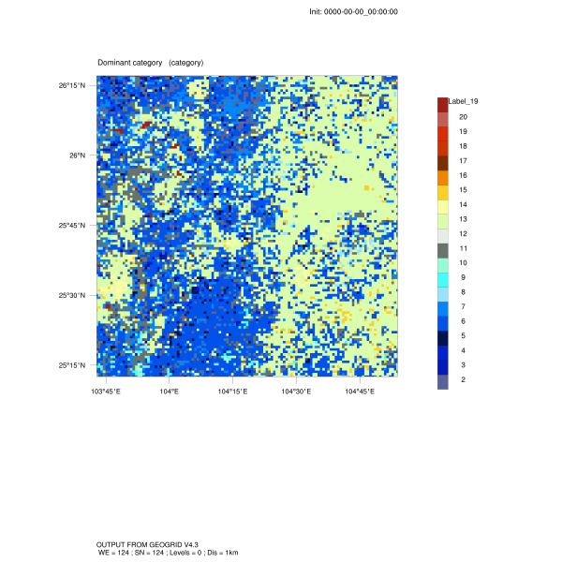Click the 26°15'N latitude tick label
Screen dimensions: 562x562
click(x=72, y=85)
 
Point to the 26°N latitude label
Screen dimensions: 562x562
click(x=76, y=155)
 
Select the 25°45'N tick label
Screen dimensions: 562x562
click(x=72, y=226)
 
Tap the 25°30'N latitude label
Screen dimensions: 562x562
click(x=72, y=295)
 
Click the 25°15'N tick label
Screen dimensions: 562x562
click(x=72, y=365)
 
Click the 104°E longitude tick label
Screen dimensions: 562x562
click(x=169, y=391)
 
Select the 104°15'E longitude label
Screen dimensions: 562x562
click(x=232, y=391)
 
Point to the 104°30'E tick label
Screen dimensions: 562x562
click(x=296, y=391)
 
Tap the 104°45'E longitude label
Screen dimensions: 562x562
click(x=360, y=391)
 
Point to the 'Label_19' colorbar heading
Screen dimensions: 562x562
click(x=464, y=101)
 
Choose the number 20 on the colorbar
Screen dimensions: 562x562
click(x=463, y=117)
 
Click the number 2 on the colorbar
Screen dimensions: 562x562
click(x=463, y=379)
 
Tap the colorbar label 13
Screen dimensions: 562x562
click(x=463, y=219)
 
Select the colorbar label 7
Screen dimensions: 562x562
click(x=463, y=306)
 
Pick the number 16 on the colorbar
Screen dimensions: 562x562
click(x=463, y=175)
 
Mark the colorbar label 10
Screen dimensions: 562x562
click(x=463, y=263)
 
